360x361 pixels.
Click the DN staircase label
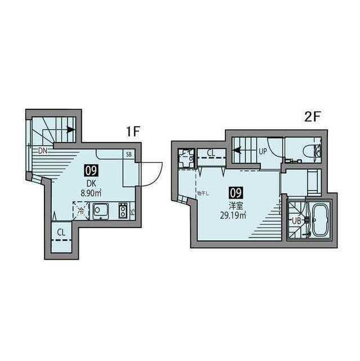tap(43, 151)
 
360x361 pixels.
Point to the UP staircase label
tap(263, 151)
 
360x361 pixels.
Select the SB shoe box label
tap(129, 154)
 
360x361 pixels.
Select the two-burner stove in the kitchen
tap(122, 211)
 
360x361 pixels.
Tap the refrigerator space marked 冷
tap(81, 212)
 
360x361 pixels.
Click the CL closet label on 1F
tap(61, 231)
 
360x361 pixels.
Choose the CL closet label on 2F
tap(211, 152)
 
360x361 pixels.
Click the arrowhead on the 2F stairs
tap(237, 151)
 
